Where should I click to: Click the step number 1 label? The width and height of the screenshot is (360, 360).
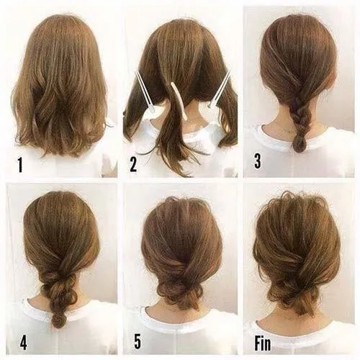click(x=19, y=166)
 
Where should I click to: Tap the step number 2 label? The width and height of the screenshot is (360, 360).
click(x=132, y=165)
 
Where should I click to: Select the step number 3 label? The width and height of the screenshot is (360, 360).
click(x=257, y=162)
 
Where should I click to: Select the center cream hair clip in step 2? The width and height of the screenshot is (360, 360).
click(x=179, y=100)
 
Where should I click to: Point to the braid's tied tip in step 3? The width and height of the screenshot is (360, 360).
click(x=299, y=144)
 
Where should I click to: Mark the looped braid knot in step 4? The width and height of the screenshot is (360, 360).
click(x=59, y=292)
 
